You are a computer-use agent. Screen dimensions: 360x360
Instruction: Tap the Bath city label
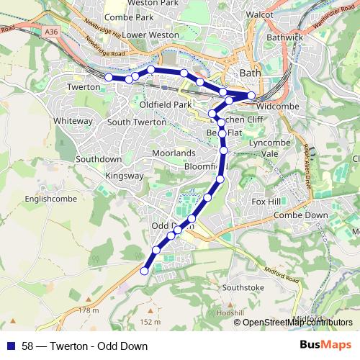(x=249, y=73)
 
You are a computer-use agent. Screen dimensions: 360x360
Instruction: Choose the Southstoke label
(x=244, y=287)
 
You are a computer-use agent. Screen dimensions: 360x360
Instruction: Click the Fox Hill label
(x=265, y=202)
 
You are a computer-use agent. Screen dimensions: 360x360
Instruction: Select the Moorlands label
(x=174, y=153)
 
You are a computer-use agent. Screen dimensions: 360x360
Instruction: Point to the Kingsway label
(x=125, y=175)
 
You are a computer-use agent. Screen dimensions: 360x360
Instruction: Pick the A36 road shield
(x=50, y=32)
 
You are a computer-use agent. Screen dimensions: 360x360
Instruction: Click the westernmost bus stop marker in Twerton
(x=109, y=77)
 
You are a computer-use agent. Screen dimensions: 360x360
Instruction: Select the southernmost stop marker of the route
(x=144, y=271)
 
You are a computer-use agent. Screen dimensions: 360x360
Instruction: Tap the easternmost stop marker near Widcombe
(x=251, y=96)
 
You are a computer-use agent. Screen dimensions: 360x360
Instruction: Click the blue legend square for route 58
(x=11, y=346)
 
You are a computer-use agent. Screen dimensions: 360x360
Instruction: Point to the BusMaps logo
(x=325, y=346)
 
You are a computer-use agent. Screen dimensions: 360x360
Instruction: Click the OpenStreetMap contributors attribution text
(x=297, y=322)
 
